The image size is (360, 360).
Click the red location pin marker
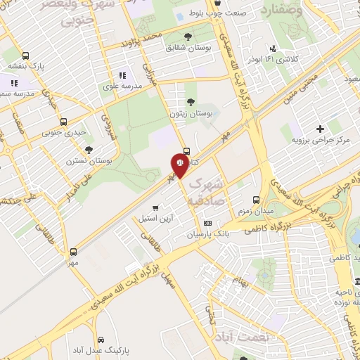click(x=179, y=165)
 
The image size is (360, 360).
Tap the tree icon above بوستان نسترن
click(x=89, y=150)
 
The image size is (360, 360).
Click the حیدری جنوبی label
click(x=63, y=132)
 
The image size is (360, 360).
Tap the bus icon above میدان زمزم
click(x=256, y=200)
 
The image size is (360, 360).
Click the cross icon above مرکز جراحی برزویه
click(x=320, y=129)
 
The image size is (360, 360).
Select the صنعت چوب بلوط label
click(x=245, y=12)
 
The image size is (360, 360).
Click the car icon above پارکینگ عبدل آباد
click(x=103, y=337)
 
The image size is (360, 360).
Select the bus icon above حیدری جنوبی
click(x=64, y=122)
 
